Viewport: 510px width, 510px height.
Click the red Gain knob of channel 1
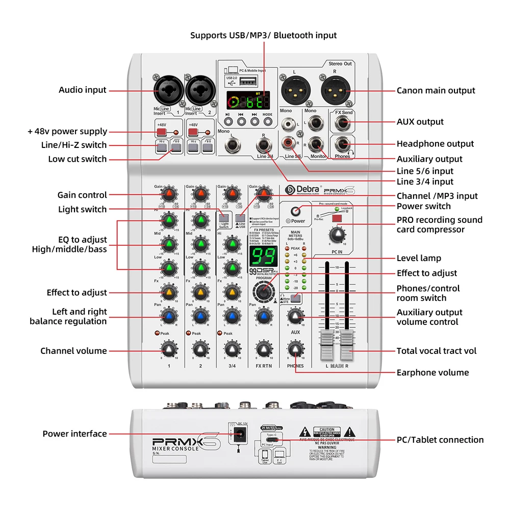(x=169, y=194)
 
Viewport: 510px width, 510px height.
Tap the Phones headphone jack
(x=343, y=144)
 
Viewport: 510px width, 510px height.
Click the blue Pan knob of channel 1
(x=169, y=317)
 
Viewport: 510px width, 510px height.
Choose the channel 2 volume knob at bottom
(x=200, y=350)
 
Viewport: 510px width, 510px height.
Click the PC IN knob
(x=336, y=235)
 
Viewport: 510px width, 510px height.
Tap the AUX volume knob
(x=295, y=317)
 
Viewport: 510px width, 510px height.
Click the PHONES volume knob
(x=295, y=350)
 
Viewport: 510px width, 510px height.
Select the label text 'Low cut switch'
(x=78, y=159)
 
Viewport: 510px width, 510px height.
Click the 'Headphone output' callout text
(x=435, y=144)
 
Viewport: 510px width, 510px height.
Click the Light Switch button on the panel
(x=224, y=217)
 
